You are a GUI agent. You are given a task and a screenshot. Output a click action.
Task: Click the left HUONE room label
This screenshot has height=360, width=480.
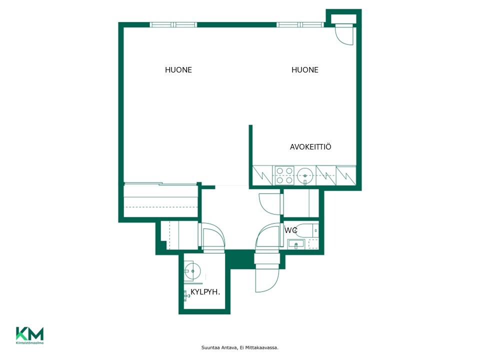[178, 70]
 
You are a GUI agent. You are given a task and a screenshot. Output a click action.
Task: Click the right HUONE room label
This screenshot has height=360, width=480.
[305, 70]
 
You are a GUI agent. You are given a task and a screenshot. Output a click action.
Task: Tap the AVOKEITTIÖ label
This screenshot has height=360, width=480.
[310, 147]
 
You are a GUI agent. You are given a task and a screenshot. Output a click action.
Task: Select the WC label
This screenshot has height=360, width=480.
[290, 230]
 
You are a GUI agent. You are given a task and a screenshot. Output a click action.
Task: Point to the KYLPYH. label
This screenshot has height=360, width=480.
[205, 292]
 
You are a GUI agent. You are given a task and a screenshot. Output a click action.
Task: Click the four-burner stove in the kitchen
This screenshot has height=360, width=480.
[284, 175]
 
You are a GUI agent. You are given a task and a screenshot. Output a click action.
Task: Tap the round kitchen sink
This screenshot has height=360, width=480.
[305, 175]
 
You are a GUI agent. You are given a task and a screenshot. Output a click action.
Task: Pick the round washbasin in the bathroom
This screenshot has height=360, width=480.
[192, 271]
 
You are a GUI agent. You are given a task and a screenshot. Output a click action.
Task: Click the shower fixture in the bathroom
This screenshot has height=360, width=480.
[186, 295]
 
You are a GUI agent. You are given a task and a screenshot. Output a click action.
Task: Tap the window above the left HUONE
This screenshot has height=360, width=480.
[173, 25]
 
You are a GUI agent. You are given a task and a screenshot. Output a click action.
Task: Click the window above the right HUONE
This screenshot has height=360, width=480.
[300, 25]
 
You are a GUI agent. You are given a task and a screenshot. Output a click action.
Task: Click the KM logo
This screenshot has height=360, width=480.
[29, 335]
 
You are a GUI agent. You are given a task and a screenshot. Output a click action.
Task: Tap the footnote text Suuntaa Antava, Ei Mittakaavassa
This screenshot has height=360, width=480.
[239, 347]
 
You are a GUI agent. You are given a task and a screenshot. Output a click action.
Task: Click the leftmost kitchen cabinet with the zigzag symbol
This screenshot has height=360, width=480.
[262, 175]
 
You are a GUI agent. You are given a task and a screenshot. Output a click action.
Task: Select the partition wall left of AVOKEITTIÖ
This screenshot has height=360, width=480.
[250, 155]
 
